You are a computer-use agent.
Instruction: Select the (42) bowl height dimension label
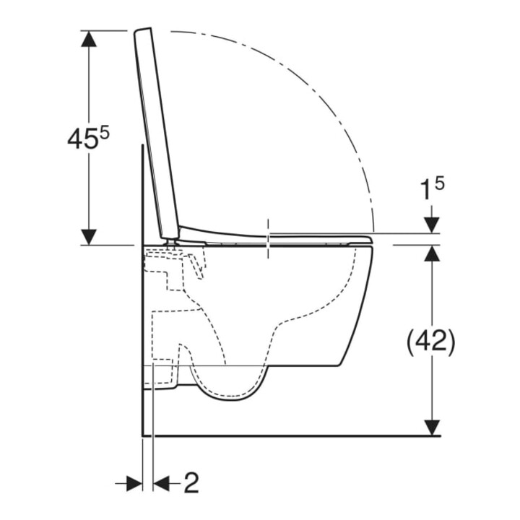(431, 342)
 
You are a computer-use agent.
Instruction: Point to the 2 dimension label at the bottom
(191, 483)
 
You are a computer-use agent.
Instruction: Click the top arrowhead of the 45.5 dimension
(89, 38)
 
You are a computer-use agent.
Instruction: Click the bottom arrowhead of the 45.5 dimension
(89, 237)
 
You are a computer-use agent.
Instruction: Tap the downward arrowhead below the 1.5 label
(432, 225)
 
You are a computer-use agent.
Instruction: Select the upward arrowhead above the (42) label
(432, 253)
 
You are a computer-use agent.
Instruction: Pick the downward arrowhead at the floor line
(432, 428)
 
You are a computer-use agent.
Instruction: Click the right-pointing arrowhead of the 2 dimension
(134, 483)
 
